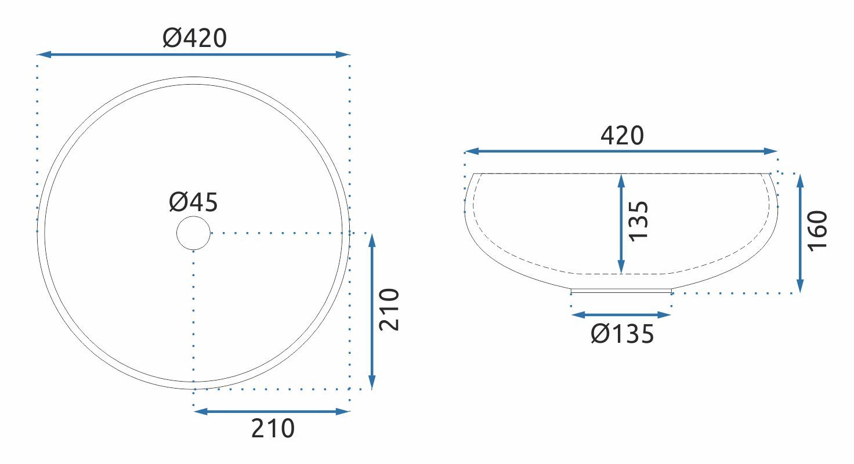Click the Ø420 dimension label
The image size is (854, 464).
194,38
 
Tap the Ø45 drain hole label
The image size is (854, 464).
193,202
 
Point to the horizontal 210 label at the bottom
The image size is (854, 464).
273,428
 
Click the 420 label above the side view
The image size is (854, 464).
622,135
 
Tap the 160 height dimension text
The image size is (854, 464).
817,231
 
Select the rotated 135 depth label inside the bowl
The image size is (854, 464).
638,221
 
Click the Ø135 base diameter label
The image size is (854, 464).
622,333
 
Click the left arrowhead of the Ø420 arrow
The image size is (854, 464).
44,55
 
